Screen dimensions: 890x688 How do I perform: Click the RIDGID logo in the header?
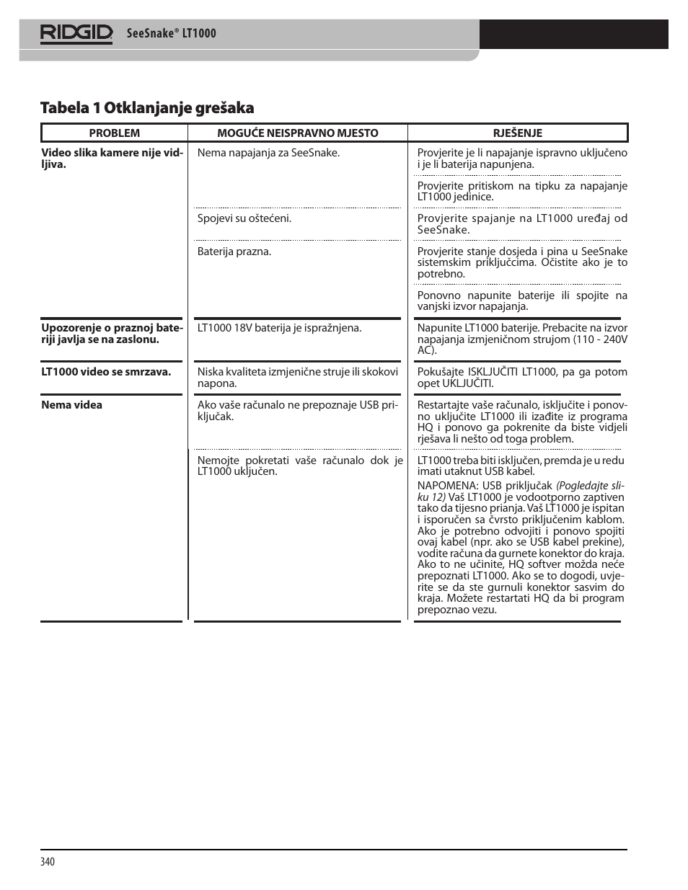[x=76, y=33]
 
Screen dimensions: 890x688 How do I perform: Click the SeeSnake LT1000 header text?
[x=171, y=33]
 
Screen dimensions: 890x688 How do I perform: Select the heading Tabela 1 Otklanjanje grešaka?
[x=147, y=108]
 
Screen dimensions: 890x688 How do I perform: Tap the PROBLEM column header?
[x=114, y=133]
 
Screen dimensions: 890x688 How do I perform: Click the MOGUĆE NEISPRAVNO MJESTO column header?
[x=297, y=133]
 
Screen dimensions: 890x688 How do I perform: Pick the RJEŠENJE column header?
[x=517, y=133]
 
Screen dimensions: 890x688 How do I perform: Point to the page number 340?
[x=48, y=862]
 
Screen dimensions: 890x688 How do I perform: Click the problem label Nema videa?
[x=71, y=405]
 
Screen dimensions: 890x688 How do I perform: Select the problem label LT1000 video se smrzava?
[x=106, y=372]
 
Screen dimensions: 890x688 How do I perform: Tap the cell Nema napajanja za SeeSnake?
[x=268, y=153]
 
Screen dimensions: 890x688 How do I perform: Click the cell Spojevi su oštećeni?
[x=244, y=218]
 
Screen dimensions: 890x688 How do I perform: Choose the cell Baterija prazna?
[x=234, y=252]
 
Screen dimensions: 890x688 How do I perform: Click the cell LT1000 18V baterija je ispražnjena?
[x=279, y=328]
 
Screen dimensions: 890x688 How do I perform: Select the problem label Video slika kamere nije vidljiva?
[x=112, y=159]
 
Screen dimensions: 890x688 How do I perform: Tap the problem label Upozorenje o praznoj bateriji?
[x=112, y=334]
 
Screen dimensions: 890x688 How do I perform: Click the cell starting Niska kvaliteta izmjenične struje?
[x=297, y=378]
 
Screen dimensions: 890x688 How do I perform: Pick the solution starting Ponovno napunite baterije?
[x=521, y=301]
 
